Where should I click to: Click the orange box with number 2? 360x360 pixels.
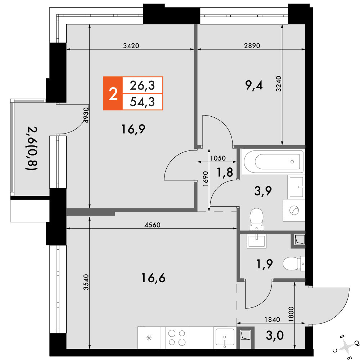[x=113, y=94]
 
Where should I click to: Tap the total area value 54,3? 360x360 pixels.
[x=142, y=102]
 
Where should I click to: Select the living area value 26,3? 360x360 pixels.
[x=142, y=85]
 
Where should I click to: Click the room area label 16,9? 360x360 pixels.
[x=133, y=129]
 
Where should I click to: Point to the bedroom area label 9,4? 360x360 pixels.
[x=254, y=85]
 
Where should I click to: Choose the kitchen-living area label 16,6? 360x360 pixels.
[x=153, y=278]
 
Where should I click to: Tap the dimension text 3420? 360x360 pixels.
[x=131, y=46]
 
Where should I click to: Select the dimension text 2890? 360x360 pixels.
[x=252, y=46]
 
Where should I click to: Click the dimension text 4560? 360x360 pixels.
[x=152, y=225]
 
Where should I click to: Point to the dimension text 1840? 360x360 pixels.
[x=272, y=319]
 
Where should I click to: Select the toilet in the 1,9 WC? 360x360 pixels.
[x=294, y=264]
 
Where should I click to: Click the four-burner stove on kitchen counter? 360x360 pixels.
[x=177, y=338]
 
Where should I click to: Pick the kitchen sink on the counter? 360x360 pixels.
[x=225, y=338]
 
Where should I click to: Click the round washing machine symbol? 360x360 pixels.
[x=294, y=210]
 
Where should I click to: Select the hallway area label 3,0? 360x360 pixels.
[x=275, y=336]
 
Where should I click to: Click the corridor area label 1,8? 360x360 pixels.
[x=225, y=172]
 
